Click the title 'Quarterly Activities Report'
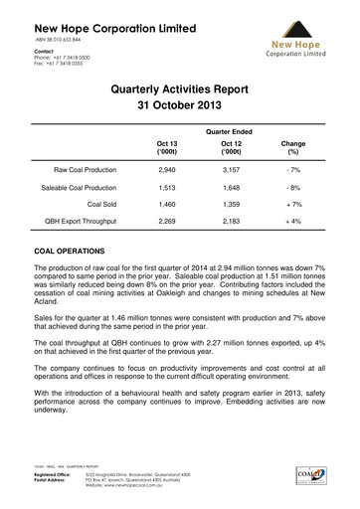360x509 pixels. coord(180,88)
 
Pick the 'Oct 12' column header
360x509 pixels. coord(230,148)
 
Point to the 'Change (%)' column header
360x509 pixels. coord(293,148)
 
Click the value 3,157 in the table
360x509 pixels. coord(230,171)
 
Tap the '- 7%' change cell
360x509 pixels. coord(293,171)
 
